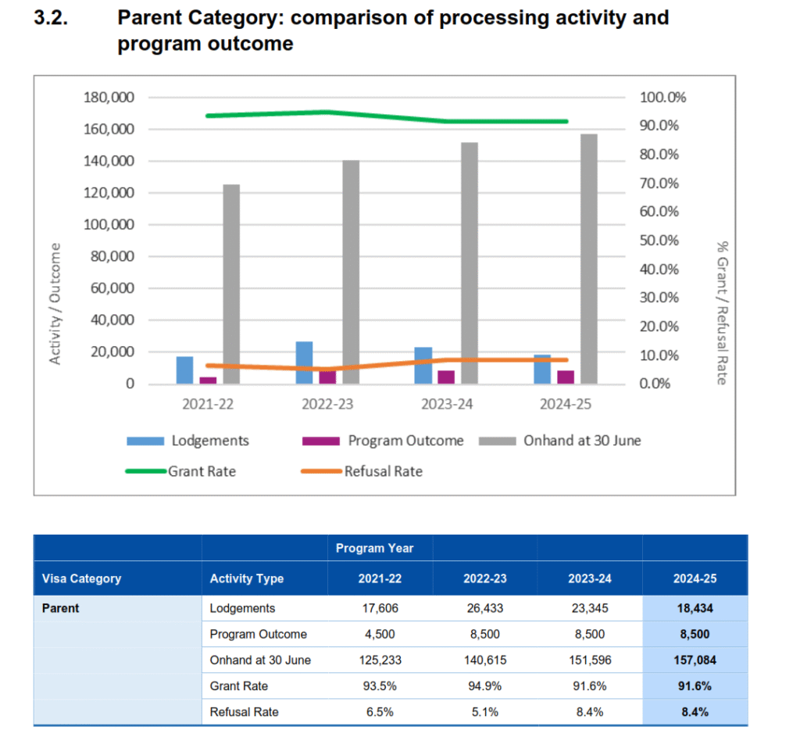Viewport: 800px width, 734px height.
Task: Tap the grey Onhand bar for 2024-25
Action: pos(588,259)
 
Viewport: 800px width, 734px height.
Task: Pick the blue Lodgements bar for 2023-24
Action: pos(423,365)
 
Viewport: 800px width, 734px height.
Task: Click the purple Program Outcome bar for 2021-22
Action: pos(208,381)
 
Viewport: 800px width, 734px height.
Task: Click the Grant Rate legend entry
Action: pos(180,471)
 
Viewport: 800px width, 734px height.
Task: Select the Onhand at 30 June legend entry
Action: pos(559,441)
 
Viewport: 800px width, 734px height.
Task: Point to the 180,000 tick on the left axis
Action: pos(109,98)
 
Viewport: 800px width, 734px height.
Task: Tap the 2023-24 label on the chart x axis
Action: pos(447,404)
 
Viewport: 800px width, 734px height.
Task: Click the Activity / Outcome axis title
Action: pos(56,303)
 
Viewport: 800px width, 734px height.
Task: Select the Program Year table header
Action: pos(375,548)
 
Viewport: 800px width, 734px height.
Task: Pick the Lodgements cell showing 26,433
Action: pos(484,608)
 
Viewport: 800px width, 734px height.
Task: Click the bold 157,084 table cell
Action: pos(695,660)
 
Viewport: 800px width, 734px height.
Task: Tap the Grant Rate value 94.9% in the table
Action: pos(484,686)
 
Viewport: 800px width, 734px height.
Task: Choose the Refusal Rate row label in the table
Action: pos(244,712)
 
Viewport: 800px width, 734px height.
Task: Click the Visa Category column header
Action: pos(81,579)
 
